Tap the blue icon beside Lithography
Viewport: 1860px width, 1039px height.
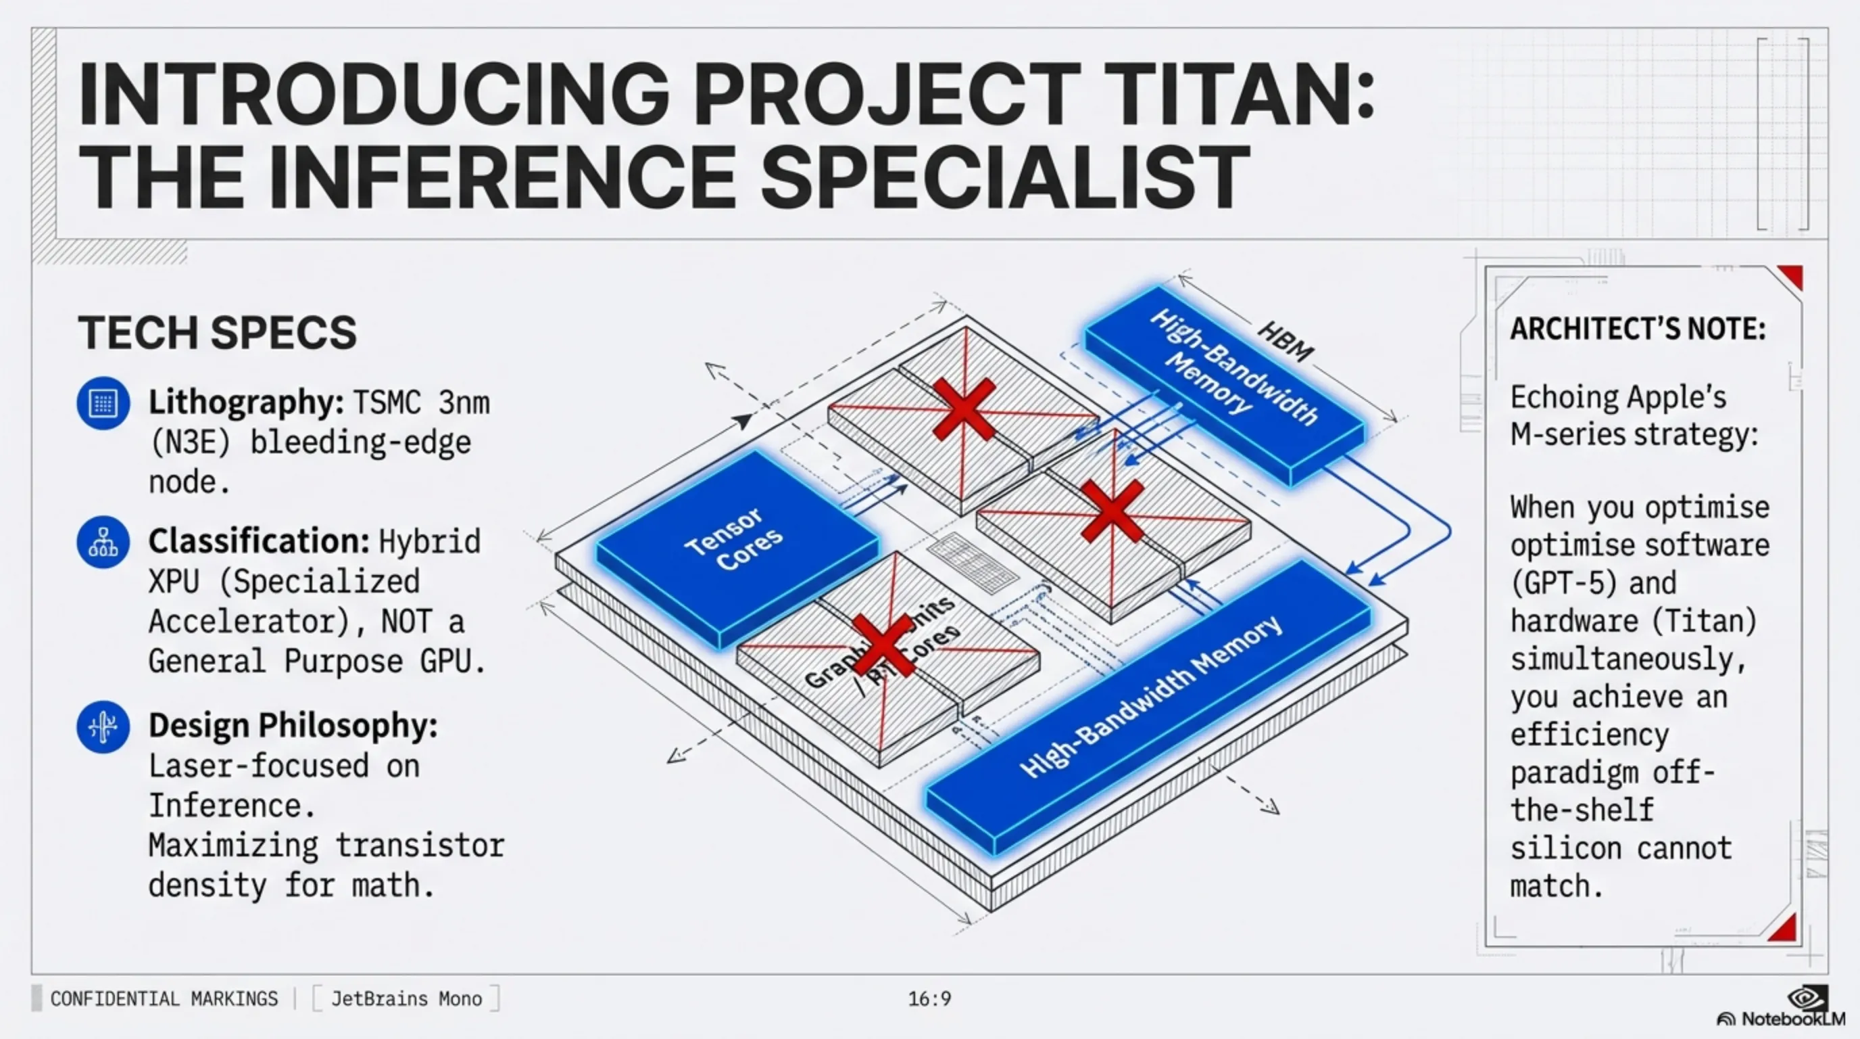click(x=103, y=403)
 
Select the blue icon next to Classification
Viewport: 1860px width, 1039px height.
click(x=103, y=542)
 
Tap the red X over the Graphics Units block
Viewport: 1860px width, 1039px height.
click(x=882, y=645)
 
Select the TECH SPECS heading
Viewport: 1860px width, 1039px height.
click(x=216, y=332)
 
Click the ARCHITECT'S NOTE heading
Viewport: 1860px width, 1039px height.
click(x=1638, y=329)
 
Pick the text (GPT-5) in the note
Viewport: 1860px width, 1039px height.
click(x=1563, y=583)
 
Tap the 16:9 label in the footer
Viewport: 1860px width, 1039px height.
click(x=929, y=998)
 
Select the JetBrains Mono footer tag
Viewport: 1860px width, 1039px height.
click(x=406, y=998)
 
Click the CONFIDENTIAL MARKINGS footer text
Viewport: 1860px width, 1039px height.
click(x=164, y=998)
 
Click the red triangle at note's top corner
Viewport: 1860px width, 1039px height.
click(x=1793, y=276)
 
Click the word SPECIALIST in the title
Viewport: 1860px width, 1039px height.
click(x=1004, y=177)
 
